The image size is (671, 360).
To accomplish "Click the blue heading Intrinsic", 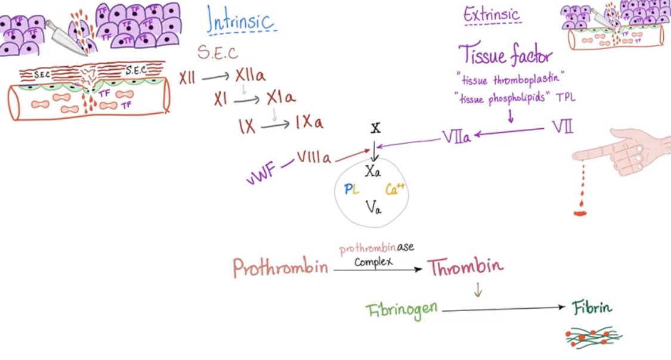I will [x=240, y=20].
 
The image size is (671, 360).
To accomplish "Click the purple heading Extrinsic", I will [x=492, y=14].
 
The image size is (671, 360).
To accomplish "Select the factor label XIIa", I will [x=251, y=77].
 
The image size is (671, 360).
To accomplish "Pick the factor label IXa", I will [x=308, y=123].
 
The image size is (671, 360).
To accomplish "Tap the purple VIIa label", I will [x=456, y=136].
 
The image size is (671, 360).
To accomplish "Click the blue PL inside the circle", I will [x=351, y=190].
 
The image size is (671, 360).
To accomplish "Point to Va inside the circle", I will [x=373, y=207].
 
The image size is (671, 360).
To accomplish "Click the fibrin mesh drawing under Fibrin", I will [x=593, y=337].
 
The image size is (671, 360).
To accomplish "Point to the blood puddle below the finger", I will [x=580, y=211].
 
